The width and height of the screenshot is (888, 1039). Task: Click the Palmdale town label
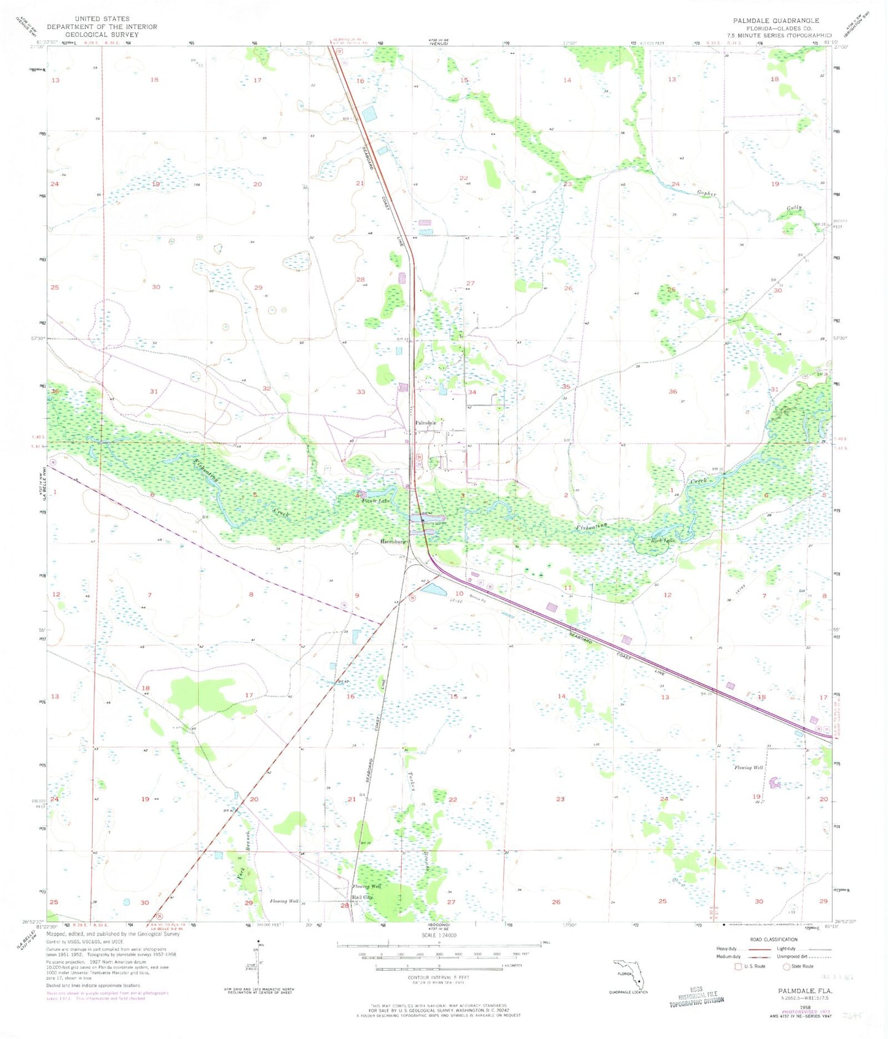click(425, 423)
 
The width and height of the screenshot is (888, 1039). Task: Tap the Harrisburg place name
click(393, 542)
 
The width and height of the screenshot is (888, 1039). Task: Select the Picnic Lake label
click(375, 501)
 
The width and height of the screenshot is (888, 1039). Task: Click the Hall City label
click(361, 898)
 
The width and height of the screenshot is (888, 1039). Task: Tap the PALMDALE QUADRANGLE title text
click(776, 20)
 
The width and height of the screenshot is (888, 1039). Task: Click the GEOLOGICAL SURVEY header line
click(101, 34)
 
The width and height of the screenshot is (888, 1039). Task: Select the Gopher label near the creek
click(706, 194)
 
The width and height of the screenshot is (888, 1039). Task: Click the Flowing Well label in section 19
click(749, 767)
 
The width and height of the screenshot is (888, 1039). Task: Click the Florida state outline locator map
click(628, 973)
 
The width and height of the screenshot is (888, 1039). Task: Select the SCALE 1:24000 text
click(439, 935)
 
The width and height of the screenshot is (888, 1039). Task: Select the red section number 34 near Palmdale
click(472, 391)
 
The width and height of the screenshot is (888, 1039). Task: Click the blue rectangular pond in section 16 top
click(369, 114)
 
